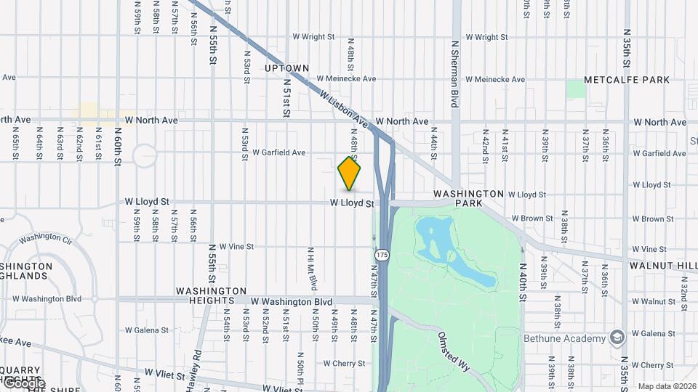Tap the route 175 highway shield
382,255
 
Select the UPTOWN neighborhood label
286,68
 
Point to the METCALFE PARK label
617,80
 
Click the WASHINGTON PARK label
468,199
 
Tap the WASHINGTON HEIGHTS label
205,296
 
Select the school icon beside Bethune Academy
617,338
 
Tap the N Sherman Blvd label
455,73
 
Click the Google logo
23,383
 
